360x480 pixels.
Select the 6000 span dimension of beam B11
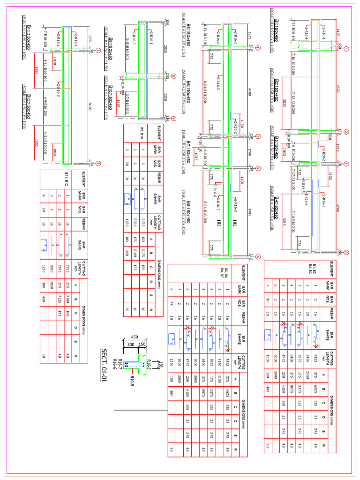point(90,107)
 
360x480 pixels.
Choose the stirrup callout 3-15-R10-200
point(127,47)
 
